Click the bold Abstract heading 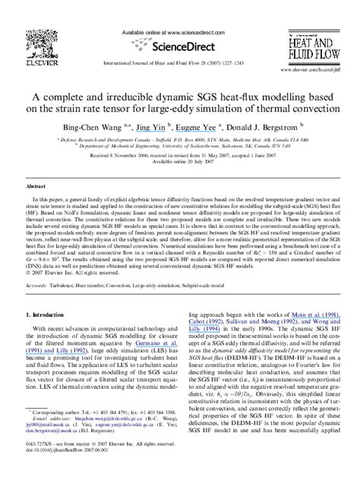[x=36, y=185]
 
